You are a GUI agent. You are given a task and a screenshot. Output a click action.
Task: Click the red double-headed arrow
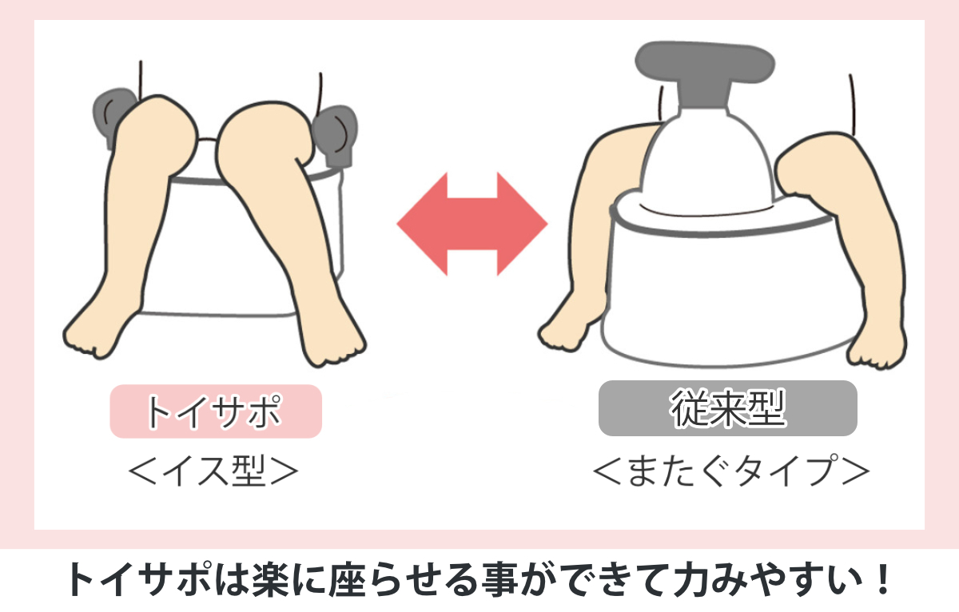(472, 223)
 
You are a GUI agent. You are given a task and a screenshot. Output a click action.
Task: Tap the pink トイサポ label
(215, 411)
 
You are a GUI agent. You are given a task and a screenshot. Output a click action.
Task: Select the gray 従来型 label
(727, 408)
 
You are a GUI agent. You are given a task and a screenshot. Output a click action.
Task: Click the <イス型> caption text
(213, 471)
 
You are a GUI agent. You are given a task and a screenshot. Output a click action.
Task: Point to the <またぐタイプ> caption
(730, 471)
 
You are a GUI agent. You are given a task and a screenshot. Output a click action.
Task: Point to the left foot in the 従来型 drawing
(566, 328)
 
